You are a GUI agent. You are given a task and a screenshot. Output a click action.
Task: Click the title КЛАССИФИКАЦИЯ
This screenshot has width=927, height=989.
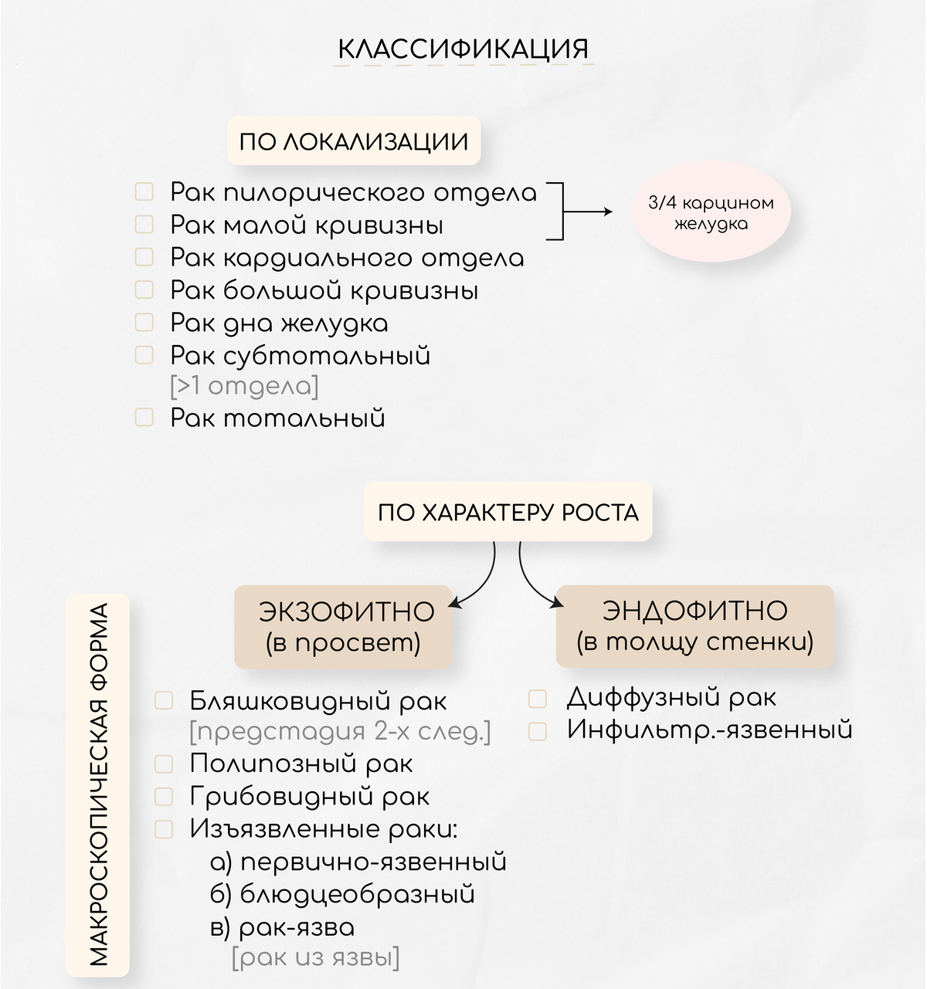click(463, 49)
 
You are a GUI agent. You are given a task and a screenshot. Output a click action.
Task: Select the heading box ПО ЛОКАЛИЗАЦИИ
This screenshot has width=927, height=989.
click(354, 141)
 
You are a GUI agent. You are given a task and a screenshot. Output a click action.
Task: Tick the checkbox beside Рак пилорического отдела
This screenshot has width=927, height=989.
click(144, 191)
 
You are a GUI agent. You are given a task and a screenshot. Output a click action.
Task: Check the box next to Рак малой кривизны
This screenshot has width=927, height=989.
click(144, 224)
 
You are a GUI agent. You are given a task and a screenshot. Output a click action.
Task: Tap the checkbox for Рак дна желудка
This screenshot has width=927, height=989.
click(144, 322)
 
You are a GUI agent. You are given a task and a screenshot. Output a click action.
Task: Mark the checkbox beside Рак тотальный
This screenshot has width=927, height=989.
click(144, 417)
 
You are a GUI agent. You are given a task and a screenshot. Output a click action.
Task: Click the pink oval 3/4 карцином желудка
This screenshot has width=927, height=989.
click(711, 212)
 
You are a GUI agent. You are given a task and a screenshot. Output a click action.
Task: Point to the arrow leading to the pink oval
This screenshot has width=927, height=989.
click(588, 212)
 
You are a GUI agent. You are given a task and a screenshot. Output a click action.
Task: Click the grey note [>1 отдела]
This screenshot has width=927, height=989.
click(244, 387)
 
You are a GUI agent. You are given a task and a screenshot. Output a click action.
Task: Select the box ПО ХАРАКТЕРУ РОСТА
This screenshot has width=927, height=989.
click(508, 511)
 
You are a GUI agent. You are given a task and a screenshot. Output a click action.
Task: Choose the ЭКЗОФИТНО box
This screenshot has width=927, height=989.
click(344, 626)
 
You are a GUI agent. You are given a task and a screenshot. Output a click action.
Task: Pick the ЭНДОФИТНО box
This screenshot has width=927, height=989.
click(694, 626)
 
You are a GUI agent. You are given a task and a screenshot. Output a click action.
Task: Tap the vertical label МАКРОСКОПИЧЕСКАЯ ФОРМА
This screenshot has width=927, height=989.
click(97, 785)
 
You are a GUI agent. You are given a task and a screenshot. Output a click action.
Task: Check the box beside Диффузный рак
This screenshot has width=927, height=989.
click(537, 699)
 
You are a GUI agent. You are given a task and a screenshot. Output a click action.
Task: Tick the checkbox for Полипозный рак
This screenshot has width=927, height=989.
click(164, 764)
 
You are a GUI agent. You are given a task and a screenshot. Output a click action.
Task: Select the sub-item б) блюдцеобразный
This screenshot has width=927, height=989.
click(342, 894)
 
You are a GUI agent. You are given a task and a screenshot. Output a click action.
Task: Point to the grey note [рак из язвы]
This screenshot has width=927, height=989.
click(316, 957)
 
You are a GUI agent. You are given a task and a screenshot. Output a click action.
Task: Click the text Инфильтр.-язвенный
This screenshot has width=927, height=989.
click(710, 730)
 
